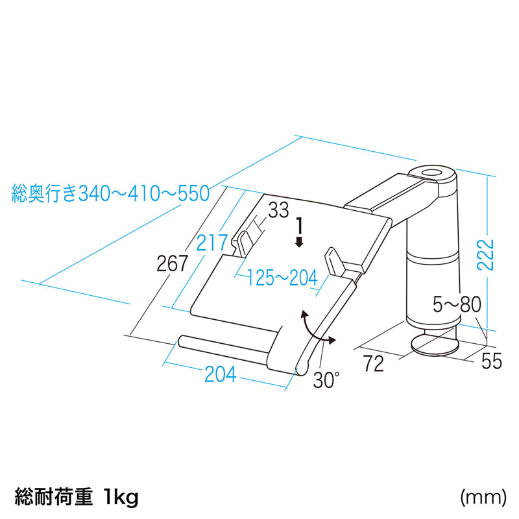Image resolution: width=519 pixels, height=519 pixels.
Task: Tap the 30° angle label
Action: click(326, 380)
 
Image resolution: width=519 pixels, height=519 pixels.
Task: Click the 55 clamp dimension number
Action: click(492, 361)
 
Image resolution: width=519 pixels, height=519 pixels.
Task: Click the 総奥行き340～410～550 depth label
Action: click(110, 193)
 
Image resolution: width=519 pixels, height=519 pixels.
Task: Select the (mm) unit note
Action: click(483, 498)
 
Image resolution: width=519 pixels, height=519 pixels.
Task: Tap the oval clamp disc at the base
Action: click(432, 344)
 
